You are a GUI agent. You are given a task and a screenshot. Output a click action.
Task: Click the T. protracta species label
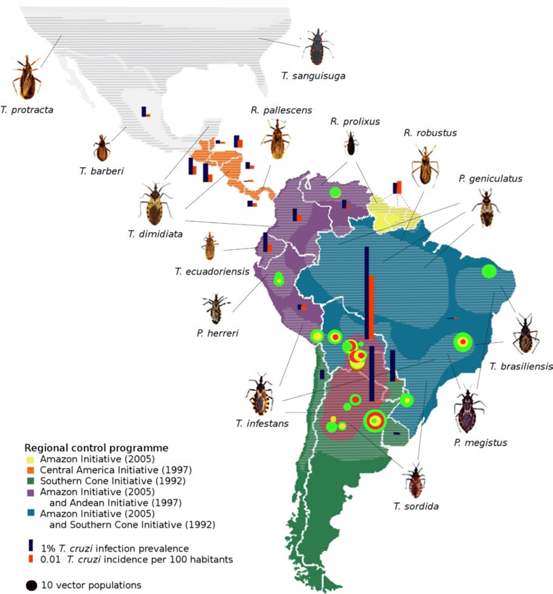point(27,110)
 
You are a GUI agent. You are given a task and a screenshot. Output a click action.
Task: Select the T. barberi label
point(101,171)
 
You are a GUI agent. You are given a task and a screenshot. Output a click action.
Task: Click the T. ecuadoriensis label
point(212,271)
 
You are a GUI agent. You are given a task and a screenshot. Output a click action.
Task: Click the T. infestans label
point(263,424)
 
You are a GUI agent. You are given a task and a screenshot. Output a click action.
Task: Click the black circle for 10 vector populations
point(31,585)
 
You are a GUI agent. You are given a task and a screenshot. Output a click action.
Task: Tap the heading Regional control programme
point(96,448)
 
